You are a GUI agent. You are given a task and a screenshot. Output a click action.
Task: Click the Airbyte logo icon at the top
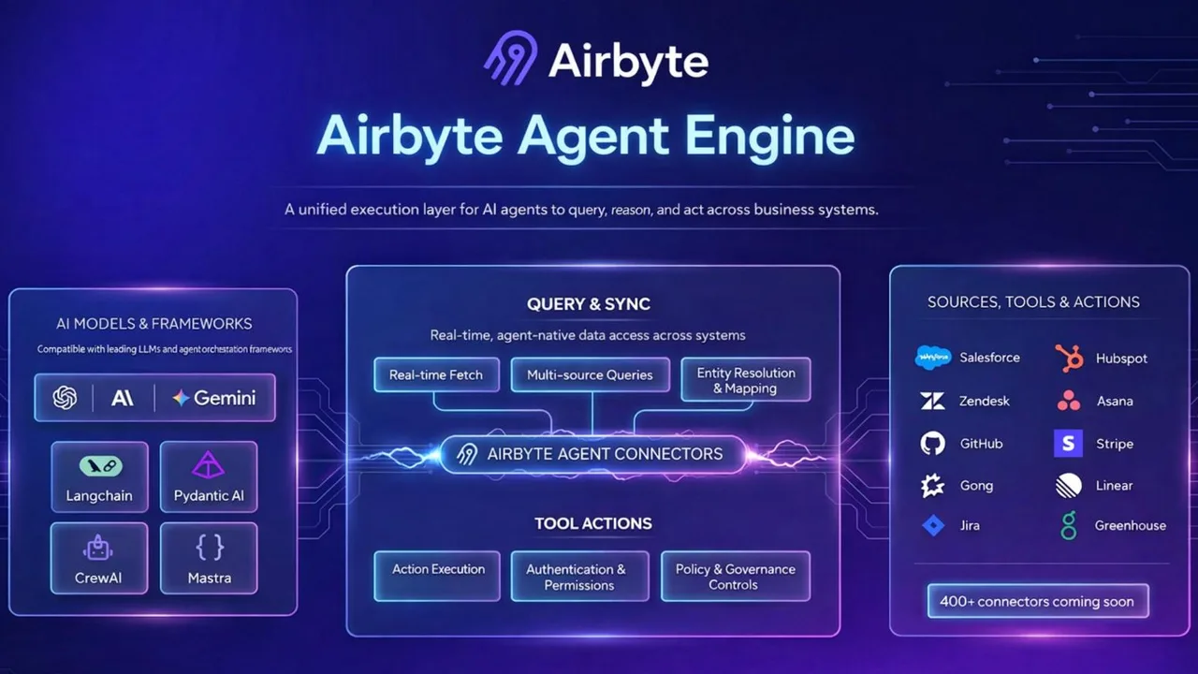(511, 58)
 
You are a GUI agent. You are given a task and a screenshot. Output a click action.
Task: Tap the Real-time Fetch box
(436, 375)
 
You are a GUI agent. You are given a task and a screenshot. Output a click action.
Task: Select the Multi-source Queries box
(590, 375)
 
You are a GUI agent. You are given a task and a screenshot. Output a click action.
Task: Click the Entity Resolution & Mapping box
(746, 380)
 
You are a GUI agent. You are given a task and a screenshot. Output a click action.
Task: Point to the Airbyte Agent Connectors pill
(592, 454)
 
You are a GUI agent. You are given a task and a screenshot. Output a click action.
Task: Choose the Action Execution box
(437, 576)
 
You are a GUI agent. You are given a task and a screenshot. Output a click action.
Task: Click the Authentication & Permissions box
(579, 576)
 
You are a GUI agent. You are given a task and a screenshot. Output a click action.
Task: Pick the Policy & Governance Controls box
(736, 576)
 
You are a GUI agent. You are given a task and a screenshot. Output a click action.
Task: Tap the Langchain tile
(99, 477)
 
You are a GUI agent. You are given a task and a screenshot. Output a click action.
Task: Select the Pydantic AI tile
(209, 477)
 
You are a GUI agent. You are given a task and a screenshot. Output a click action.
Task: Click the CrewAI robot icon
(97, 548)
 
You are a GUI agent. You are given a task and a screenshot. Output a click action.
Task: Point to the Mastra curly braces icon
(209, 548)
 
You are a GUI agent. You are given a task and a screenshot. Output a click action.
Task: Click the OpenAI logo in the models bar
(65, 398)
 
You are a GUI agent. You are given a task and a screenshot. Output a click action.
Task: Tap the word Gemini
(225, 398)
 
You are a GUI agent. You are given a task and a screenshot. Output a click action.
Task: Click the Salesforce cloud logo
(933, 358)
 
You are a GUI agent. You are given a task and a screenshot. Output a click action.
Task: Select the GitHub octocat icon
(933, 444)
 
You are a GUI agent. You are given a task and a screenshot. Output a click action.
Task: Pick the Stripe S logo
(1068, 444)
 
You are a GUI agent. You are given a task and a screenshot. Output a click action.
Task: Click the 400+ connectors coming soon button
(1038, 601)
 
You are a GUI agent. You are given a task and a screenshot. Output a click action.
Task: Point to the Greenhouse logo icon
(1069, 525)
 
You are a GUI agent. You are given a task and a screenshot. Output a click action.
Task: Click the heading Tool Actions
(593, 523)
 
